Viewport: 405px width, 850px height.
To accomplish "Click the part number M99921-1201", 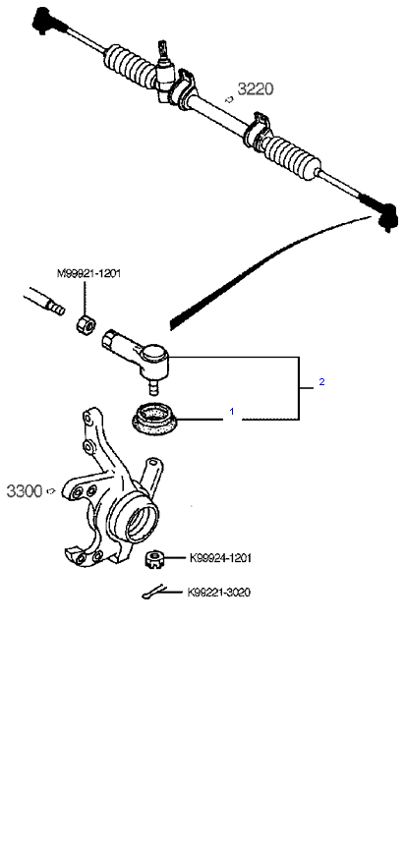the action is (88, 273).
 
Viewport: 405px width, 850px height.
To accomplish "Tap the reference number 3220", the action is (256, 88).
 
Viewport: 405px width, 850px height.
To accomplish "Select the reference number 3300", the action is (25, 491).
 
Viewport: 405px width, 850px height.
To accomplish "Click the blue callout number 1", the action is (232, 412).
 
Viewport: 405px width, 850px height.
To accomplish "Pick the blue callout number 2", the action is (321, 381).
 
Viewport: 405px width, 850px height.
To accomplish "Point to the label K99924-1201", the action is (220, 558).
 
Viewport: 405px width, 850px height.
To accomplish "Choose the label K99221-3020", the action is (219, 592).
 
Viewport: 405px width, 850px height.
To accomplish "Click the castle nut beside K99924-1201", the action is (155, 558).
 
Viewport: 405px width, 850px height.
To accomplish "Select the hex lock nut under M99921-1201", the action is (86, 324).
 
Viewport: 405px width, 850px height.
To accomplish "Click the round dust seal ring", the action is (155, 420).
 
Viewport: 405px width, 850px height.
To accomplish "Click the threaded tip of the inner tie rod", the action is (56, 309).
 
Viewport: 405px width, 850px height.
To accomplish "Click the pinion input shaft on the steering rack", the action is (162, 50).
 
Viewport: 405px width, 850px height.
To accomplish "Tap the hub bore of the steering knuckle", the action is (140, 519).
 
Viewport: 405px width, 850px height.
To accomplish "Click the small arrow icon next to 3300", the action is (51, 491).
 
